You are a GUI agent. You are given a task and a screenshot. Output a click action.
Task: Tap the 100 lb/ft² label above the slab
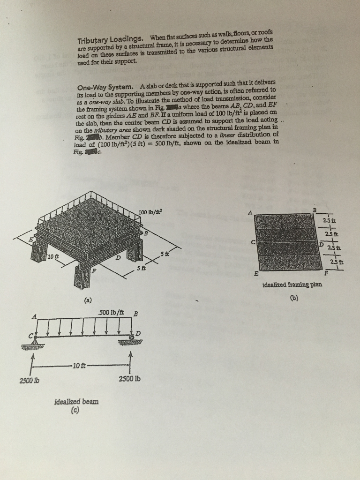click(x=150, y=213)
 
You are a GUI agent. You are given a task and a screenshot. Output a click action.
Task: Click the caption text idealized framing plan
click(x=292, y=284)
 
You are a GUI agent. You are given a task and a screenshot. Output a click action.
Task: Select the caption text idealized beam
click(x=76, y=402)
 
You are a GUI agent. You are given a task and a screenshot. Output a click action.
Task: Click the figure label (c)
click(x=75, y=411)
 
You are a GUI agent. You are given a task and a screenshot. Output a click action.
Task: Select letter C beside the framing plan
click(x=253, y=242)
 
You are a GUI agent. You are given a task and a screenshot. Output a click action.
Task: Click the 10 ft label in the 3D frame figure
click(x=53, y=256)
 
